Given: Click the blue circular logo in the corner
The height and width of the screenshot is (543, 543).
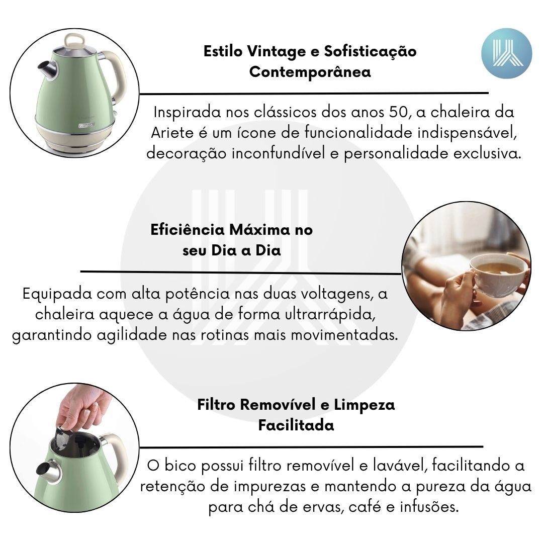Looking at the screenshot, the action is pos(506,53).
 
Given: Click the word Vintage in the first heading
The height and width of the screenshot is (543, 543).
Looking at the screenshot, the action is pos(277,52).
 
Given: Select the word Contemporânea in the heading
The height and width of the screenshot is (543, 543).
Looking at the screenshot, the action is pos(310,72).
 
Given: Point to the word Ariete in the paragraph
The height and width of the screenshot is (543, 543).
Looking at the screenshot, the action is pos(172,133).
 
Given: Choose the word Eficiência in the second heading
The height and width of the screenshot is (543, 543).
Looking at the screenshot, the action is pos(188,230).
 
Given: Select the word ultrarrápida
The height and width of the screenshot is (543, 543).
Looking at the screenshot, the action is pos(331,315).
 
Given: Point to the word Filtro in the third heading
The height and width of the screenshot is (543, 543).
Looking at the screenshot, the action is pos(216,404).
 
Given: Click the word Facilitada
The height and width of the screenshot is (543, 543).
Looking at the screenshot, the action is pos(296,425).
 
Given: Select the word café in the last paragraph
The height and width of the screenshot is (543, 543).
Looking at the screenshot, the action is pos(365,507).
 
